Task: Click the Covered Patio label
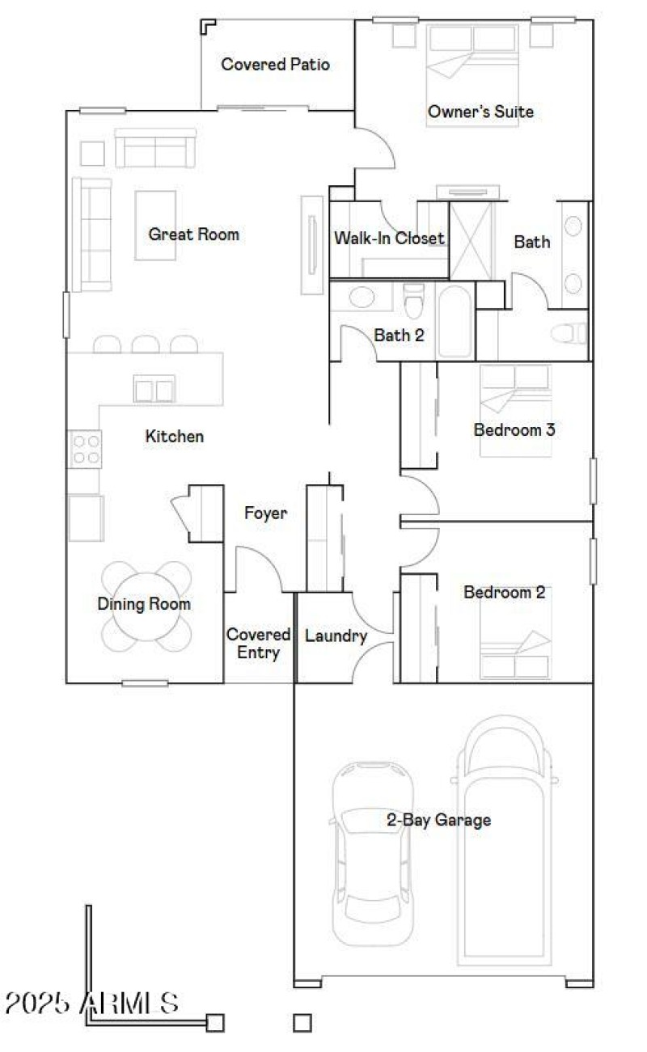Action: pos(275,65)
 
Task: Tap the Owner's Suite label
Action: pos(480,112)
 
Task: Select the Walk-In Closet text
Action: pos(389,239)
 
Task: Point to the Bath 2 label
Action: pos(399,335)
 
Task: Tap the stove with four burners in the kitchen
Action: pos(86,449)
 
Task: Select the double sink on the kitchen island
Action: pos(154,390)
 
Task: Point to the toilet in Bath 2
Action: pos(413,302)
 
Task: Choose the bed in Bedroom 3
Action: pos(514,410)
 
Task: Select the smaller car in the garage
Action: pos(373,853)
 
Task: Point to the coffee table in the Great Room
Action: pos(155,225)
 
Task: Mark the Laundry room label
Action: pos(336,636)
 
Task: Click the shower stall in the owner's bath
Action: pos(473,239)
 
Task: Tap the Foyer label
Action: pos(265,513)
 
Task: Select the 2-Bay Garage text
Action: pos(438,820)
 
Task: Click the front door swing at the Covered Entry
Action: pos(257,570)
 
